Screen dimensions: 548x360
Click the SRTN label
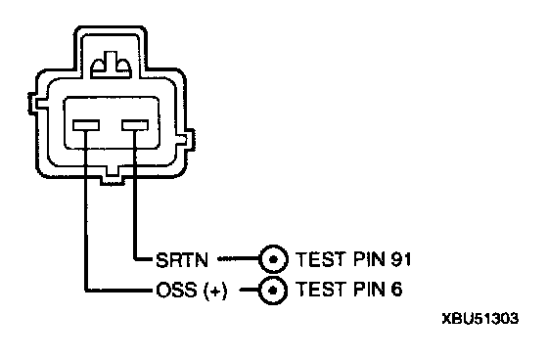182,260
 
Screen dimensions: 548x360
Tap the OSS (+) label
192,291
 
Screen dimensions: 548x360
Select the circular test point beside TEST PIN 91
274,259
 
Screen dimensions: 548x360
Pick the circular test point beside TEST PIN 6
273,291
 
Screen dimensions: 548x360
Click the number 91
400,259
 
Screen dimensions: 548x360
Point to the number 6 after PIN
396,289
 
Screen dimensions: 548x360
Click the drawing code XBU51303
480,318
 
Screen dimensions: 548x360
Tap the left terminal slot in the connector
86,125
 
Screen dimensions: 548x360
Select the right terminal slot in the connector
135,125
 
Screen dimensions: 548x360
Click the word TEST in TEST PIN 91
321,259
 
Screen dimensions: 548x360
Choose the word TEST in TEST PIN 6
321,289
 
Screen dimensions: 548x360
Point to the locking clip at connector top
112,65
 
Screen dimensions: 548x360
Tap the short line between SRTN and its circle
238,259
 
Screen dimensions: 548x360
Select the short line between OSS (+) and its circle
250,290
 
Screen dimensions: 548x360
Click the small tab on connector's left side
33,104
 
